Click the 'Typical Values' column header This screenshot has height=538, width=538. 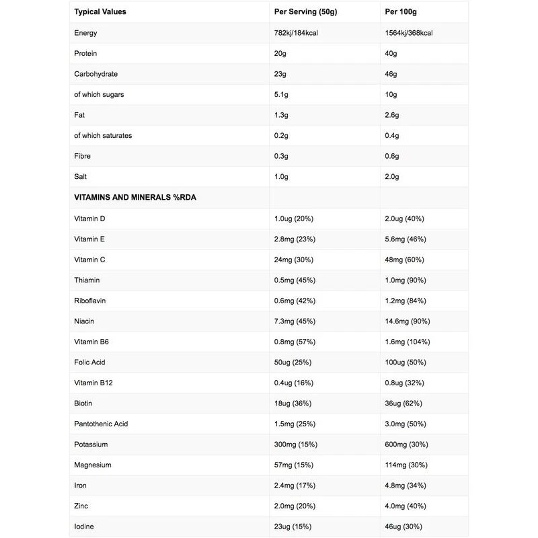click(100, 12)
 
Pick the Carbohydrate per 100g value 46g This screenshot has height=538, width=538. click(391, 74)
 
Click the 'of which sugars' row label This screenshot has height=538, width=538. click(99, 95)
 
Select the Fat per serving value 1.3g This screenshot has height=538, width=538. click(282, 115)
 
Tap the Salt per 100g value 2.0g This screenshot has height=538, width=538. click(393, 177)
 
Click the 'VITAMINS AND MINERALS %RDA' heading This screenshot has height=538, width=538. click(134, 198)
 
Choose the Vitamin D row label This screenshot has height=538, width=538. click(89, 219)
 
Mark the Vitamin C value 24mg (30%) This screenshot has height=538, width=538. click(294, 260)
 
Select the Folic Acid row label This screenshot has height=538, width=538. click(91, 362)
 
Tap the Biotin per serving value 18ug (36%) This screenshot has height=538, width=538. click(294, 403)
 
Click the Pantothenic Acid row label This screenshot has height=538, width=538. click(101, 424)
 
